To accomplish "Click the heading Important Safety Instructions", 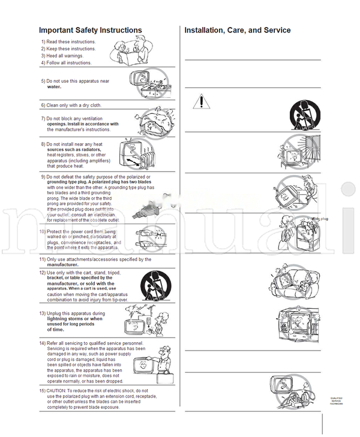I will [x=90, y=30].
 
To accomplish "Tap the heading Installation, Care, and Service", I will [x=237, y=30].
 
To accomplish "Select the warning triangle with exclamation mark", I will [x=202, y=101].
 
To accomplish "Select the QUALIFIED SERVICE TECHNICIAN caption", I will [x=336, y=400].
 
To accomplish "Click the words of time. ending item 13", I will [x=55, y=330].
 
